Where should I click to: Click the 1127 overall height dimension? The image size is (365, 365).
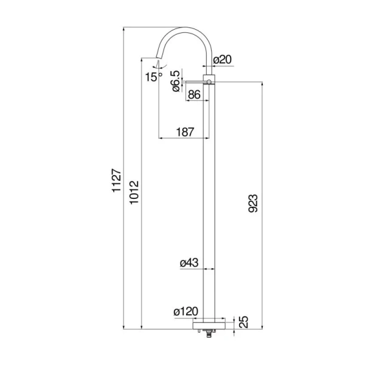click(x=116, y=181)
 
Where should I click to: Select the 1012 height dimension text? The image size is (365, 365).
click(x=134, y=192)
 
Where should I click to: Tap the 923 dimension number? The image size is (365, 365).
click(x=253, y=203)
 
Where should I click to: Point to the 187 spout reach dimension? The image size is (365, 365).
click(x=185, y=132)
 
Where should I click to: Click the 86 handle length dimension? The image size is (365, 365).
click(x=194, y=95)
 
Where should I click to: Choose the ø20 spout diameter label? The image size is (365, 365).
click(x=222, y=60)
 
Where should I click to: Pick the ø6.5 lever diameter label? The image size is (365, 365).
click(x=176, y=81)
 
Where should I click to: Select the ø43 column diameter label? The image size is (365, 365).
click(x=189, y=263)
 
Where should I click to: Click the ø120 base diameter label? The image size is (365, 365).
click(x=186, y=311)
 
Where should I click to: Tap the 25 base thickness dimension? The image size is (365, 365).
click(x=243, y=322)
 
